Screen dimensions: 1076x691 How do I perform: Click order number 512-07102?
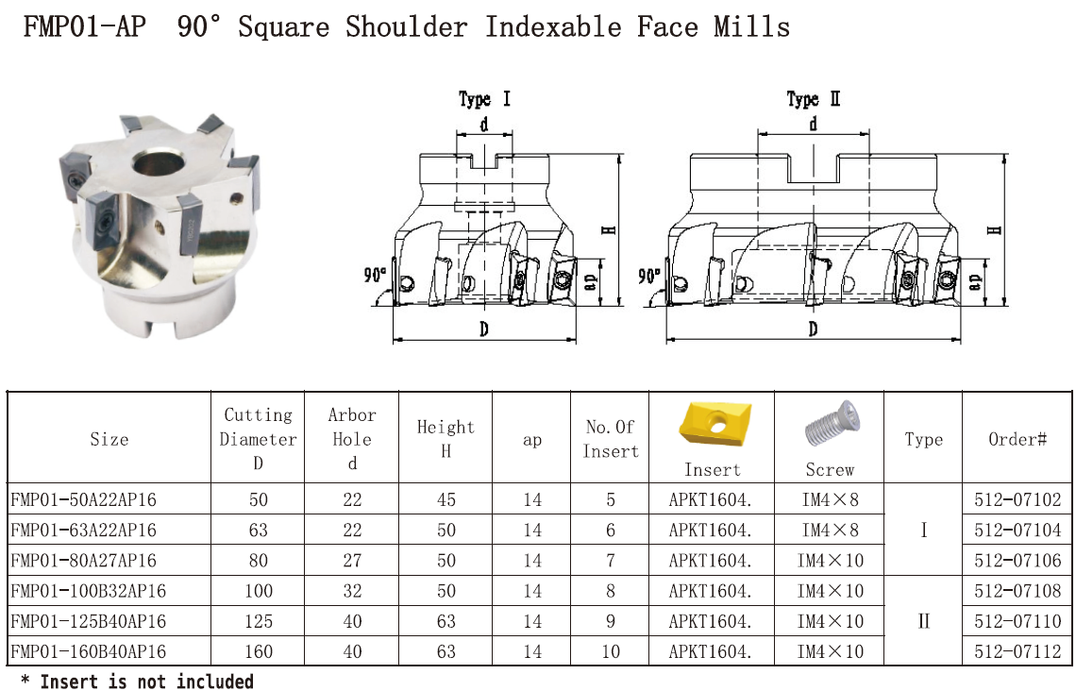tap(1017, 499)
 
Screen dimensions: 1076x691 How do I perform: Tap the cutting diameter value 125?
tap(258, 621)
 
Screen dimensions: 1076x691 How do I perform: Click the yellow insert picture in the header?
tap(715, 424)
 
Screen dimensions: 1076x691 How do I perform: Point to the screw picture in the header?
tap(831, 424)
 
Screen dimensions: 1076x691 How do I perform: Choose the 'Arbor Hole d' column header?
tap(351, 439)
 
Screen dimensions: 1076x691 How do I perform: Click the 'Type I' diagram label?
tap(484, 99)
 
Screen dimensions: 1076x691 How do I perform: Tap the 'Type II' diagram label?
tap(814, 99)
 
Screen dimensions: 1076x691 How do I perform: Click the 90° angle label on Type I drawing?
tap(375, 275)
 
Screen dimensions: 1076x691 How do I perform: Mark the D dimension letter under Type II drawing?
tap(813, 329)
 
